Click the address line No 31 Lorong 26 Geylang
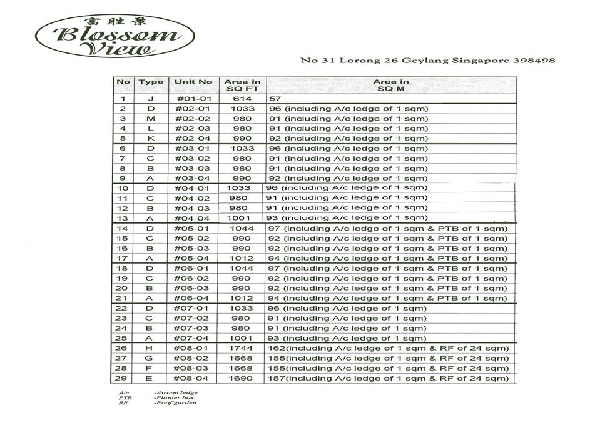pyautogui.click(x=427, y=61)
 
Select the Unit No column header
pyautogui.click(x=193, y=82)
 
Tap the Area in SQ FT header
pyautogui.click(x=242, y=86)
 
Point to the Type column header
pyautogui.click(x=151, y=82)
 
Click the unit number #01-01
pyautogui.click(x=193, y=99)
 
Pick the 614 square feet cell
pyautogui.click(x=242, y=99)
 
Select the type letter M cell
pyautogui.click(x=150, y=119)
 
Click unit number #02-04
pyautogui.click(x=193, y=139)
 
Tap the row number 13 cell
pyautogui.click(x=123, y=218)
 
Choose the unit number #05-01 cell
pyautogui.click(x=193, y=229)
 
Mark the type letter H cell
pyautogui.click(x=150, y=348)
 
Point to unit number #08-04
pyautogui.click(x=193, y=379)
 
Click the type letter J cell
pyautogui.click(x=150, y=99)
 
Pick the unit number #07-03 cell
pyautogui.click(x=193, y=328)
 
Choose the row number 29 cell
pyautogui.click(x=123, y=379)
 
